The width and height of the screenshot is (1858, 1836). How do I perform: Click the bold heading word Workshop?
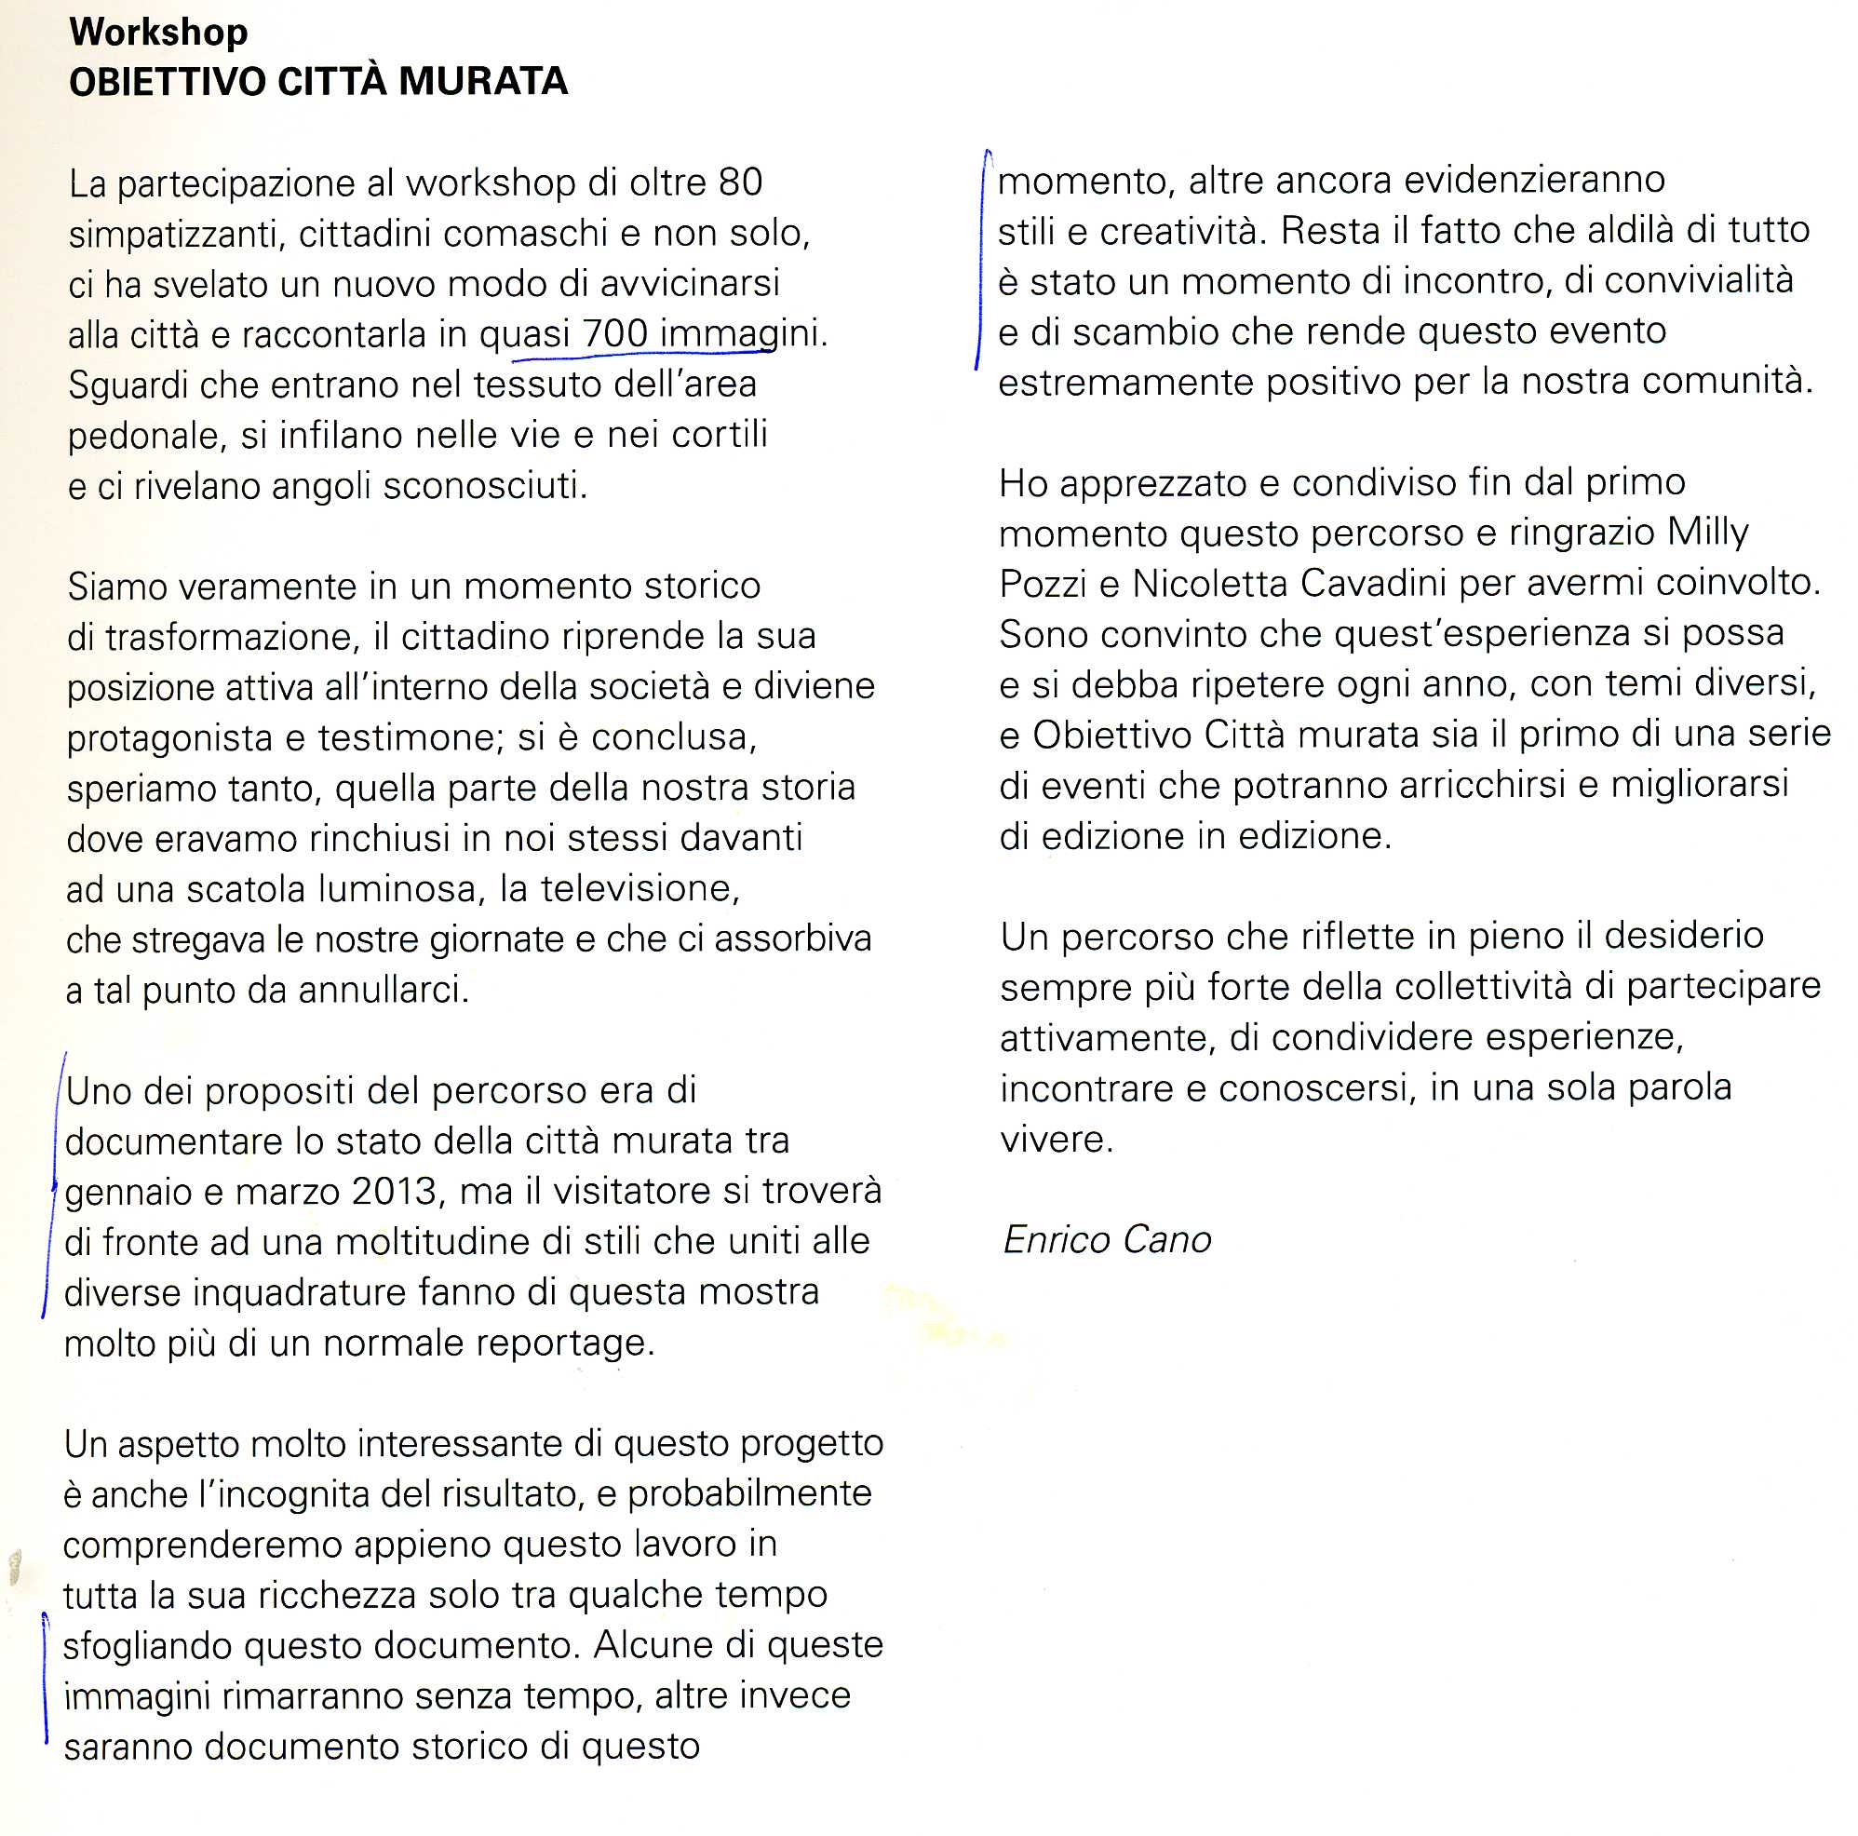pos(158,32)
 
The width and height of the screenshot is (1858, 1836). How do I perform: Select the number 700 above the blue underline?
pos(614,333)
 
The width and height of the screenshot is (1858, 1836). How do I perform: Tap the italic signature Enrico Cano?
pos(1106,1240)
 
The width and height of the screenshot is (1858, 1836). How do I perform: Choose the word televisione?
pos(639,887)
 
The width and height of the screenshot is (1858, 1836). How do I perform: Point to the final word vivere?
pos(1056,1139)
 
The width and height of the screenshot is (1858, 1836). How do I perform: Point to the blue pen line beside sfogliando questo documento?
pos(46,1678)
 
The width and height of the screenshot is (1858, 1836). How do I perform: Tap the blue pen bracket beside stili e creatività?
pos(981,260)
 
